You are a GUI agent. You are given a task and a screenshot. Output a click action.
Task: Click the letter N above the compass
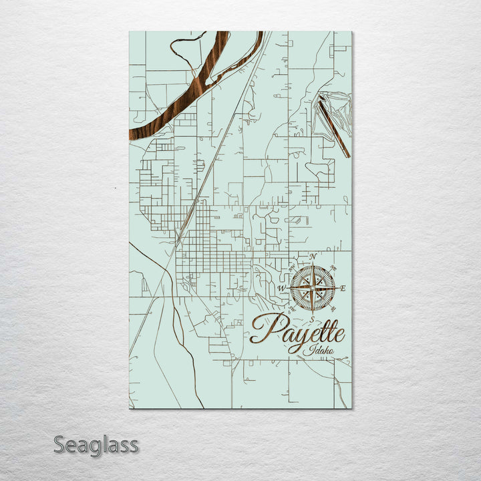coord(313,257)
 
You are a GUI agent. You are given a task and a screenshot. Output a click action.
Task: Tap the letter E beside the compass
coord(343,289)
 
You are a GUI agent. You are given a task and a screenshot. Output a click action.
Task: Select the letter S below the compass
coord(312,319)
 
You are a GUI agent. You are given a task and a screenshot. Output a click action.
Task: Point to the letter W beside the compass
coord(282,289)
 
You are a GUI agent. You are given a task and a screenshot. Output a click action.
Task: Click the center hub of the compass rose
coord(313,289)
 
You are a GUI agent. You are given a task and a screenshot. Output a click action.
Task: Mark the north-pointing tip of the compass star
coord(313,267)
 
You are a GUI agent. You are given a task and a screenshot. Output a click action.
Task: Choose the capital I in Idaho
coord(305,351)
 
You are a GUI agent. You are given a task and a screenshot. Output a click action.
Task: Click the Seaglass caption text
coord(96,445)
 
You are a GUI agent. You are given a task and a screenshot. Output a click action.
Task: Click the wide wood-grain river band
coord(200,87)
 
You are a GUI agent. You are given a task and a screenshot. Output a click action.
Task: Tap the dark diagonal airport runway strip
coord(333,127)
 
